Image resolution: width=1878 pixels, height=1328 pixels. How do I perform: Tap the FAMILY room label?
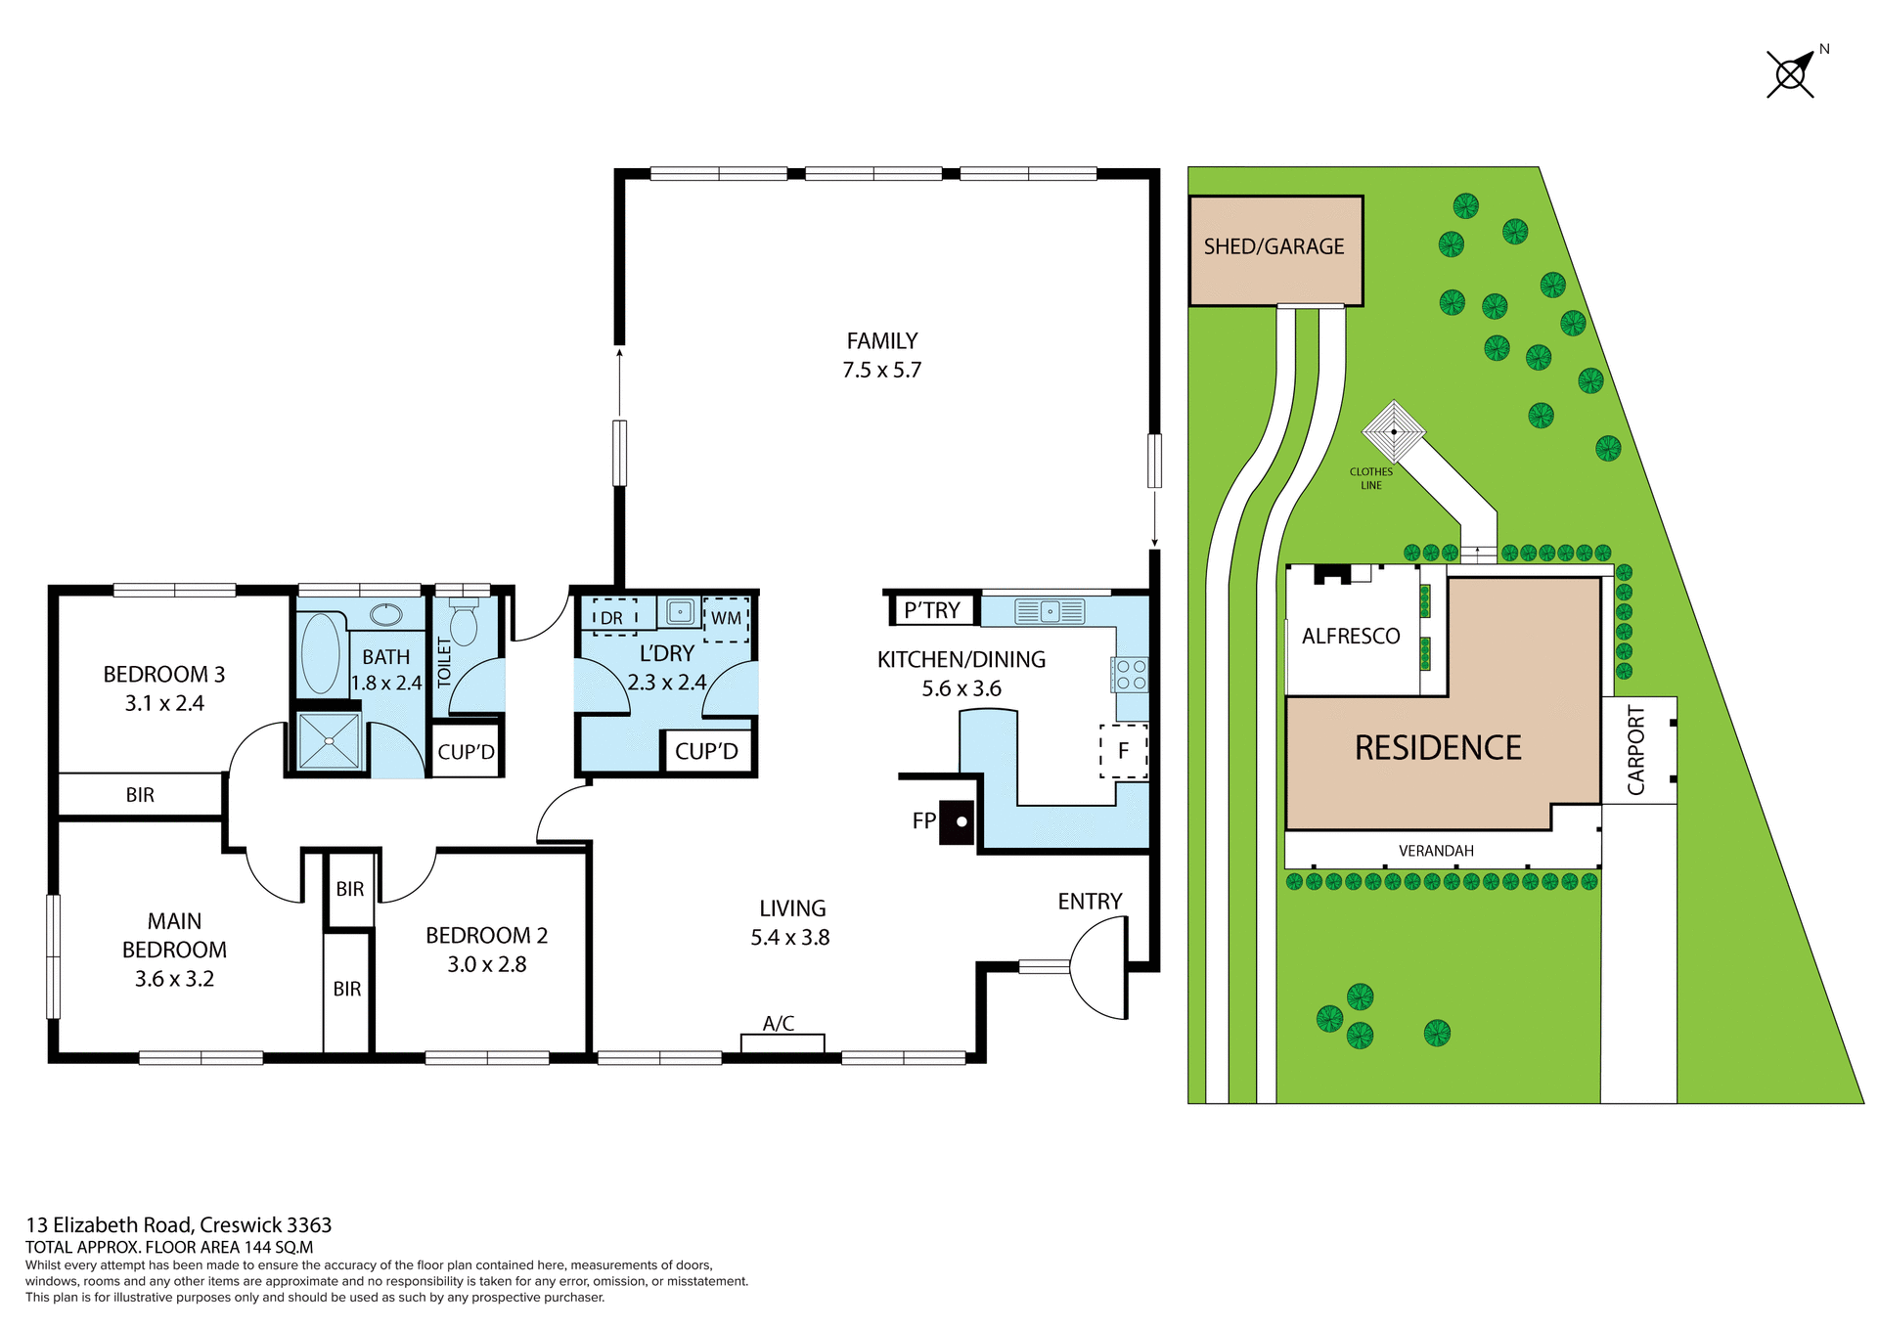[x=881, y=341]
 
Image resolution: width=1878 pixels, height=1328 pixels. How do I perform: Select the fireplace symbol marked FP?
[x=957, y=821]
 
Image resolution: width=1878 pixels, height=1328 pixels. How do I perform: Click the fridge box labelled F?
[x=1123, y=751]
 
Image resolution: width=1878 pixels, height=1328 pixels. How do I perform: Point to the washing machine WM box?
[x=726, y=619]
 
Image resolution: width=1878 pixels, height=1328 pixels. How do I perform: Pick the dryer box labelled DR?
[x=613, y=618]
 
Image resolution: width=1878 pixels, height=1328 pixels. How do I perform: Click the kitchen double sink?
[x=1050, y=612]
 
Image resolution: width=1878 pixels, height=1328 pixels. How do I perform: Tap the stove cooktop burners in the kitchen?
[x=1131, y=675]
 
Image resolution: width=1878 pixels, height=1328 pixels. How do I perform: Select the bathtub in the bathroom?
[x=321, y=653]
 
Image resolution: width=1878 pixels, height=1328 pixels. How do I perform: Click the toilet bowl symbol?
[x=464, y=625]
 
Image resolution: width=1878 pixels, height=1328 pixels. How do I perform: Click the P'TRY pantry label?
[x=931, y=611]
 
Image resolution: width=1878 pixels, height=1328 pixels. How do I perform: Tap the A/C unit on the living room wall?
[x=782, y=1042]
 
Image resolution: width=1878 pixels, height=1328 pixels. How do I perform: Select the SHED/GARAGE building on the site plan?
[x=1274, y=250]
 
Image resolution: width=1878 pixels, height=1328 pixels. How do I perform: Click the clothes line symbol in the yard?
[x=1394, y=430]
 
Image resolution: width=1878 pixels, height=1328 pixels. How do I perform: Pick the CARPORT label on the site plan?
[x=1636, y=750]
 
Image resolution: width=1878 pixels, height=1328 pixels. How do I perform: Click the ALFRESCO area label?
[x=1351, y=637]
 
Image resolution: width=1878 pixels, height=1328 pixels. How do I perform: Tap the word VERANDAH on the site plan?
[x=1436, y=851]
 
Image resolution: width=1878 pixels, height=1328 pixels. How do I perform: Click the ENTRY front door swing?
[x=1098, y=968]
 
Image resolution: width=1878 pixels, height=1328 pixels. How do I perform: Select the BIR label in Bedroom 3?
[x=140, y=795]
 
